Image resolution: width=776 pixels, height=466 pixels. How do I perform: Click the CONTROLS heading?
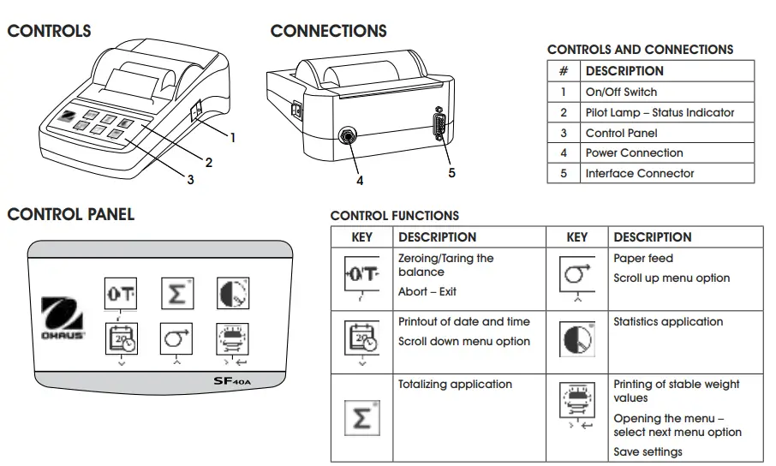point(49,32)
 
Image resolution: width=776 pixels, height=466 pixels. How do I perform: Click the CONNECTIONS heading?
point(328,32)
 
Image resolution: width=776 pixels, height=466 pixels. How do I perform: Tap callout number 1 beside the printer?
point(232,136)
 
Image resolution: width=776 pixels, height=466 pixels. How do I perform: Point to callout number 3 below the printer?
point(190,180)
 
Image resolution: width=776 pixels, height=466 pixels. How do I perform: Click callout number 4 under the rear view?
point(360,180)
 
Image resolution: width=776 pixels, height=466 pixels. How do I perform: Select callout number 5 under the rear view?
point(451,173)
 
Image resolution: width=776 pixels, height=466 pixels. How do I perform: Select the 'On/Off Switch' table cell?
point(621,92)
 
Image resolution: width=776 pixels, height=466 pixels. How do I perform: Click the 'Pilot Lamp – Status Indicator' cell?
point(660,112)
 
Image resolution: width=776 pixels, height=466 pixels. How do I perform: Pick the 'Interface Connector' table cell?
point(640,173)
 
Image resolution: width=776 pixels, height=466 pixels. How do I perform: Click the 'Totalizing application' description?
point(455,385)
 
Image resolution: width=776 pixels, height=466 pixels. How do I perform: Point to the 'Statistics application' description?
point(668,322)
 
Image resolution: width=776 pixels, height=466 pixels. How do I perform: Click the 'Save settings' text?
point(648,451)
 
